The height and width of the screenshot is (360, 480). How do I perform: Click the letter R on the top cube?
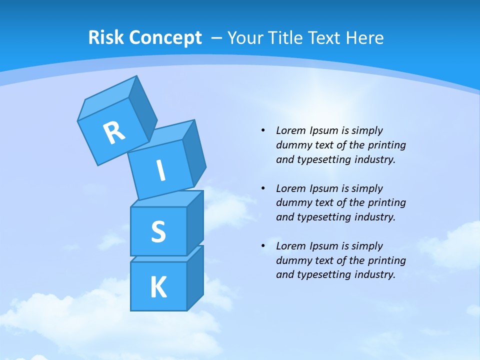pyautogui.click(x=114, y=133)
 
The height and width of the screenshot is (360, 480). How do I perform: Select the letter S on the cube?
pyautogui.click(x=158, y=231)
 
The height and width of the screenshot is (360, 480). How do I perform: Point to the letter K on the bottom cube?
pyautogui.click(x=158, y=287)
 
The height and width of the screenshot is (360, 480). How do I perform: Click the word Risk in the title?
pyautogui.click(x=106, y=37)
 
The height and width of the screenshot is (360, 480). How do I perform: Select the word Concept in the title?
pyautogui.click(x=165, y=38)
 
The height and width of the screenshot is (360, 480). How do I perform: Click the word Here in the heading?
pyautogui.click(x=363, y=37)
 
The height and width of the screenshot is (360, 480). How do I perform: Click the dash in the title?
pyautogui.click(x=217, y=38)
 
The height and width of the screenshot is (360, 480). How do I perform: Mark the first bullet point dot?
pyautogui.click(x=263, y=130)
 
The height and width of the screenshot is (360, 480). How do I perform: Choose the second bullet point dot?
pyautogui.click(x=263, y=188)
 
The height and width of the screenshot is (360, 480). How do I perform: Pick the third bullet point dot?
pyautogui.click(x=263, y=246)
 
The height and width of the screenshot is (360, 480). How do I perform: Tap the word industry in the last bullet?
pyautogui.click(x=374, y=274)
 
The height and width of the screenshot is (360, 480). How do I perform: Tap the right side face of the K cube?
pyautogui.click(x=195, y=279)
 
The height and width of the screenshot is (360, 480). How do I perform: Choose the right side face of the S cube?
pyautogui.click(x=195, y=223)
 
